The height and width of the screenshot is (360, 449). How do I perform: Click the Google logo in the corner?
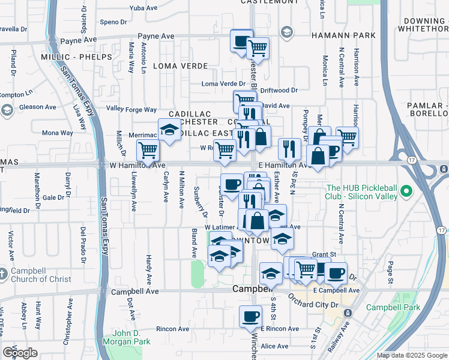[x=20, y=353]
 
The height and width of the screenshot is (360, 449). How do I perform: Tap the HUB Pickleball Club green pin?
[x=407, y=192]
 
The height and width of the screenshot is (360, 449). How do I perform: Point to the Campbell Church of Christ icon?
[x=4, y=274]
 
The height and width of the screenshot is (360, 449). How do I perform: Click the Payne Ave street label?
[x=155, y=36]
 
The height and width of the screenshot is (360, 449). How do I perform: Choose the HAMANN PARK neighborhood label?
[x=343, y=35]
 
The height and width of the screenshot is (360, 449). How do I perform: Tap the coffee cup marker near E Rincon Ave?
[x=250, y=316]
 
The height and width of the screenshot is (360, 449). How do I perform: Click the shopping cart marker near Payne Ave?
[x=258, y=47]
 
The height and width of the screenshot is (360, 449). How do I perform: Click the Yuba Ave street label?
[x=134, y=9]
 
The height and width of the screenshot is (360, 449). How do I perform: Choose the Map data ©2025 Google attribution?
[x=411, y=355]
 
